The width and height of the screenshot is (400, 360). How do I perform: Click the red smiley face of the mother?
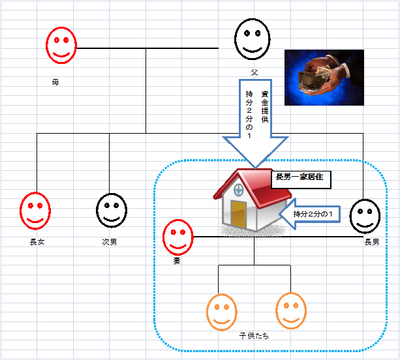coord(61,45)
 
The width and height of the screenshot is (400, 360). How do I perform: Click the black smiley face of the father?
coord(253,38)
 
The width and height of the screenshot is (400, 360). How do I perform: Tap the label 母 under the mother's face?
coord(55,83)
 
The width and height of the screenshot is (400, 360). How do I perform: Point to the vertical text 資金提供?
coord(264,109)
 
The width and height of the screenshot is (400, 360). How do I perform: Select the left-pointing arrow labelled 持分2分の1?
coord(312,214)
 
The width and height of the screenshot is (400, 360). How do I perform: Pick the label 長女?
coord(37,241)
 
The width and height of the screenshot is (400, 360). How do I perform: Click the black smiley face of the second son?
coord(112,210)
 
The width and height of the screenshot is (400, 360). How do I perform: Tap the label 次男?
coord(110,241)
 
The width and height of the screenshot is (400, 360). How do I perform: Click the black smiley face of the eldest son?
coord(365,216)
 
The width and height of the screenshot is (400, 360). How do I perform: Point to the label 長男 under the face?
coord(371,242)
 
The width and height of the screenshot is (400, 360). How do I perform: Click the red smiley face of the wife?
coord(178,237)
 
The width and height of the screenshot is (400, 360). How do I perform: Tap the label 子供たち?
coord(254,336)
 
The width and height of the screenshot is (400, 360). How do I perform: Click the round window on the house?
coord(238,190)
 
